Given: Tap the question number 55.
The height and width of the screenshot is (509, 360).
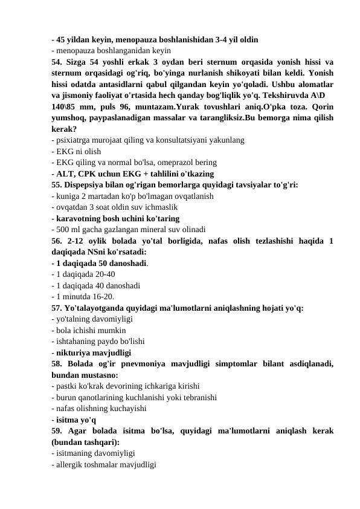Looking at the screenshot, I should [x=57, y=186].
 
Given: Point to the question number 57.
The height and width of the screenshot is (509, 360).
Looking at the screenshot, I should [x=57, y=307].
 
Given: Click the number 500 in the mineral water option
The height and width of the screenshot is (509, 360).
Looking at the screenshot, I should [x=63, y=229].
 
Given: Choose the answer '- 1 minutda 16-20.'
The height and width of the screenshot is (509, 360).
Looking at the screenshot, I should [x=84, y=296].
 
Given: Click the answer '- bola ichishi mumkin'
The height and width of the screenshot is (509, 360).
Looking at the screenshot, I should [x=90, y=329].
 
